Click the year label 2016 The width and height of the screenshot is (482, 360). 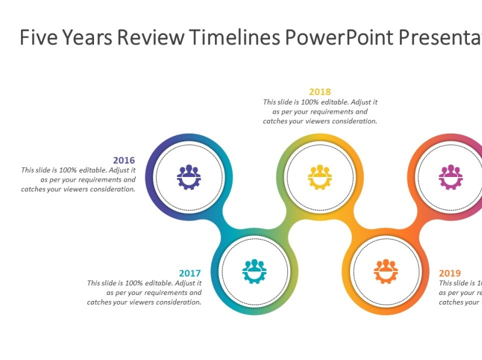coord(124,160)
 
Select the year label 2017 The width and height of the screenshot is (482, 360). coord(190,273)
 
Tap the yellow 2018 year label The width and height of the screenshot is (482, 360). coord(320,92)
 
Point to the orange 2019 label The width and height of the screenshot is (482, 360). coord(450,273)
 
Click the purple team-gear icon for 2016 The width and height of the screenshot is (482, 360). coord(189,178)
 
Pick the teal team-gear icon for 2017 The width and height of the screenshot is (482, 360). coord(254,272)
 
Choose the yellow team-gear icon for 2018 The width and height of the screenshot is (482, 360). coord(320,178)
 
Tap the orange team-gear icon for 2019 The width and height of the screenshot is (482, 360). coord(386,272)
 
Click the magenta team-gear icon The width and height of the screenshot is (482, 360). coord(450,178)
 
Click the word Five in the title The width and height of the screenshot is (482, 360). coord(37,37)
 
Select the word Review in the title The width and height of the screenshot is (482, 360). coord(151,37)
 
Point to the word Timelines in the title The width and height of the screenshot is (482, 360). coord(234,37)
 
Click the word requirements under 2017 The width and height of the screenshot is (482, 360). coord(178,293)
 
